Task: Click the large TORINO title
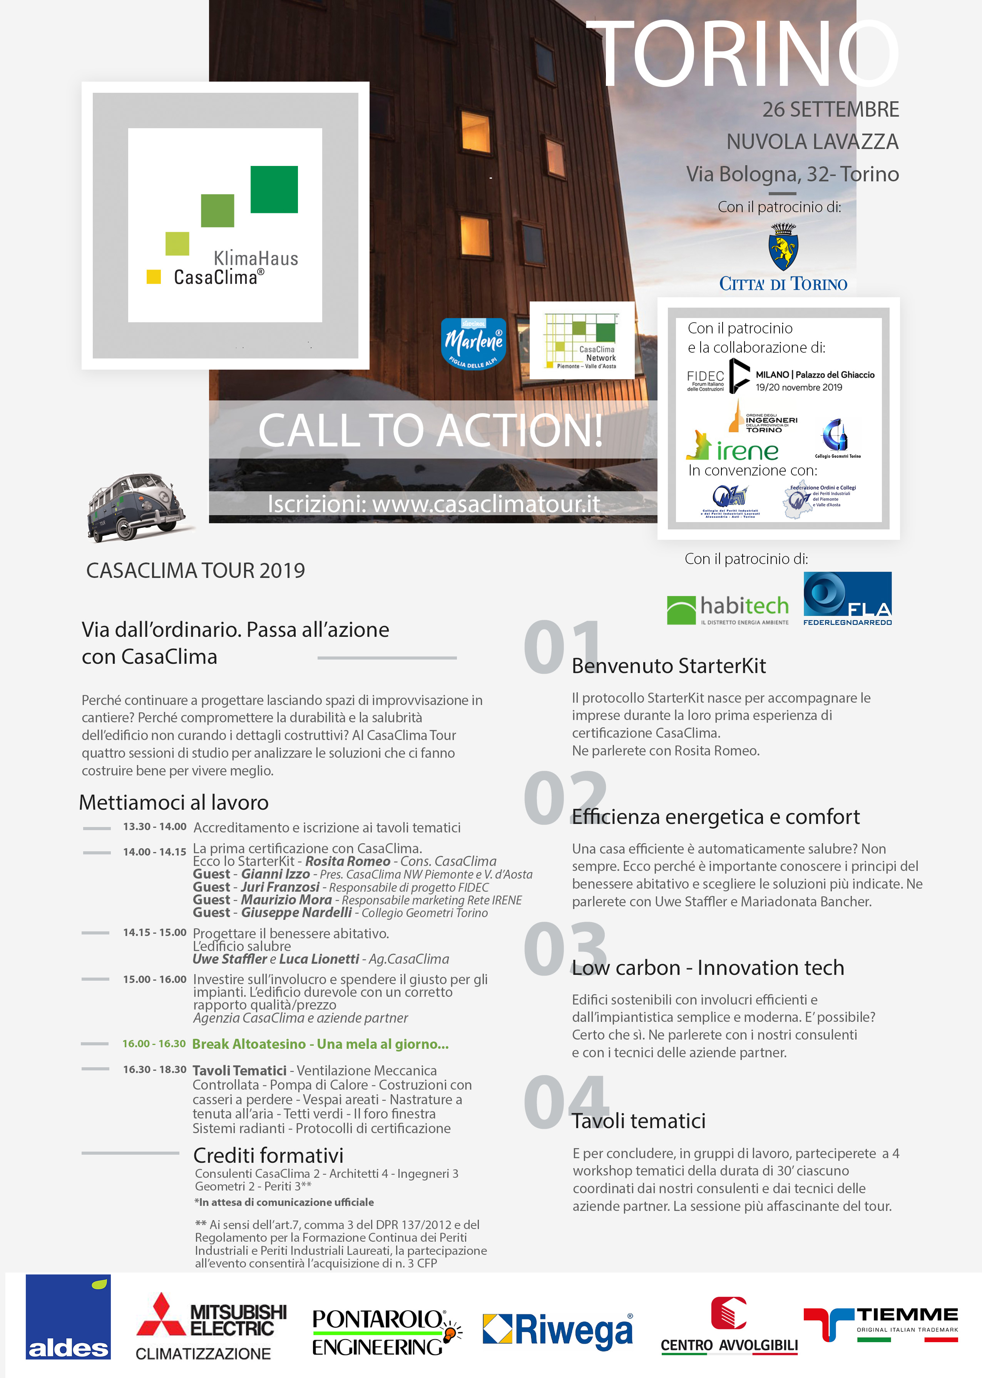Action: click(743, 54)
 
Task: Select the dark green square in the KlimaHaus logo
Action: click(274, 189)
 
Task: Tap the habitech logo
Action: click(728, 609)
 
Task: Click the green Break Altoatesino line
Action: click(320, 1044)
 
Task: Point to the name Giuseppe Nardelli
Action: click(296, 913)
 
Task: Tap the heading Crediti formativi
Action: click(268, 1155)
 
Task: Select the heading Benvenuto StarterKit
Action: click(669, 666)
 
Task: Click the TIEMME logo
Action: click(880, 1324)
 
